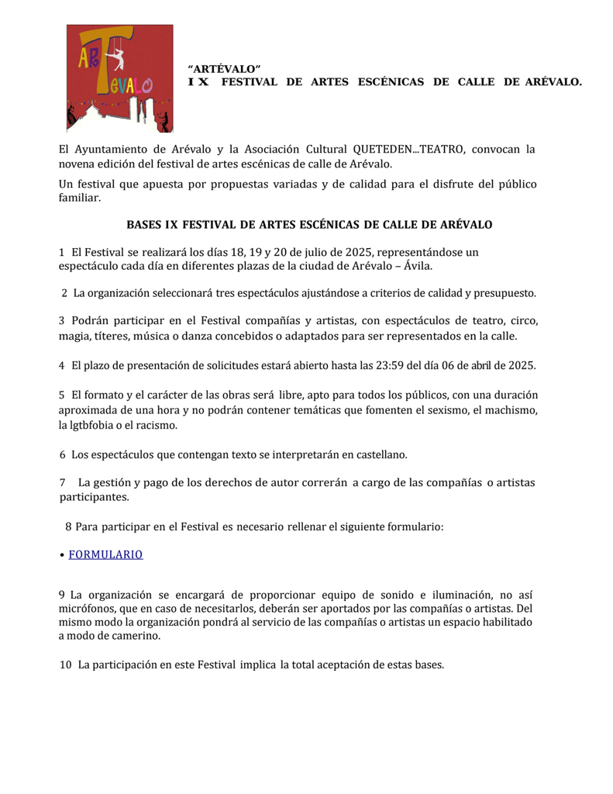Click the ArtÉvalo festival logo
[119, 78]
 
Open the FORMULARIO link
[106, 554]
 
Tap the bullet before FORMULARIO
[62, 555]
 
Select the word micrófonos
[87, 608]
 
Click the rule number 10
[65, 665]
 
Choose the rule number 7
[62, 482]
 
